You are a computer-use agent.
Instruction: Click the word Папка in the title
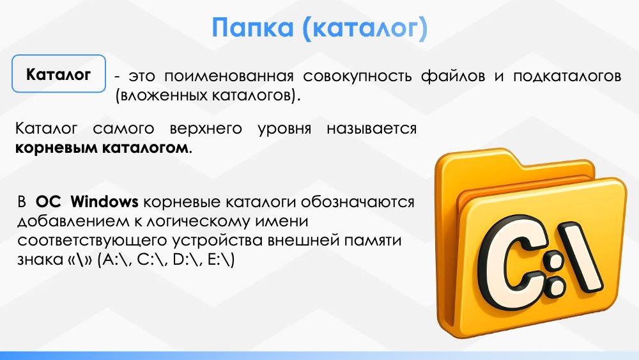(x=252, y=27)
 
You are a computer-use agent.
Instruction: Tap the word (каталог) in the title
(x=365, y=28)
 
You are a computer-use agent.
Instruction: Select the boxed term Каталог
(x=58, y=75)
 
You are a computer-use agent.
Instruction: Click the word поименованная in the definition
(x=229, y=76)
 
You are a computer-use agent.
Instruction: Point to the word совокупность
(x=357, y=77)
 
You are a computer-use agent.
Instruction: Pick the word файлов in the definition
(x=453, y=76)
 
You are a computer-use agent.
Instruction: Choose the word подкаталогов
(x=567, y=77)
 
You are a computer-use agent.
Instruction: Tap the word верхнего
(x=206, y=129)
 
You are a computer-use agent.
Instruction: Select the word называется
(x=371, y=129)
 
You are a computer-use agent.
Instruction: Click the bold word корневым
(x=56, y=148)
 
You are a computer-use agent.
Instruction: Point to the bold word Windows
(x=104, y=201)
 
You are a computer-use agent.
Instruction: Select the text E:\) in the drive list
(x=221, y=260)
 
